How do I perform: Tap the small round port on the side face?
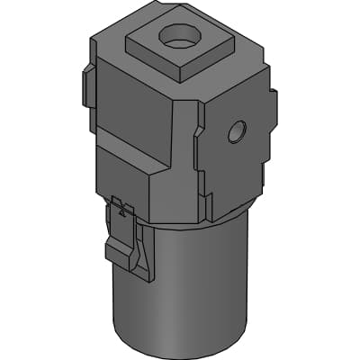(x=237, y=132)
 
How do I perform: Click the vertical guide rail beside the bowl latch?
(x=139, y=247)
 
